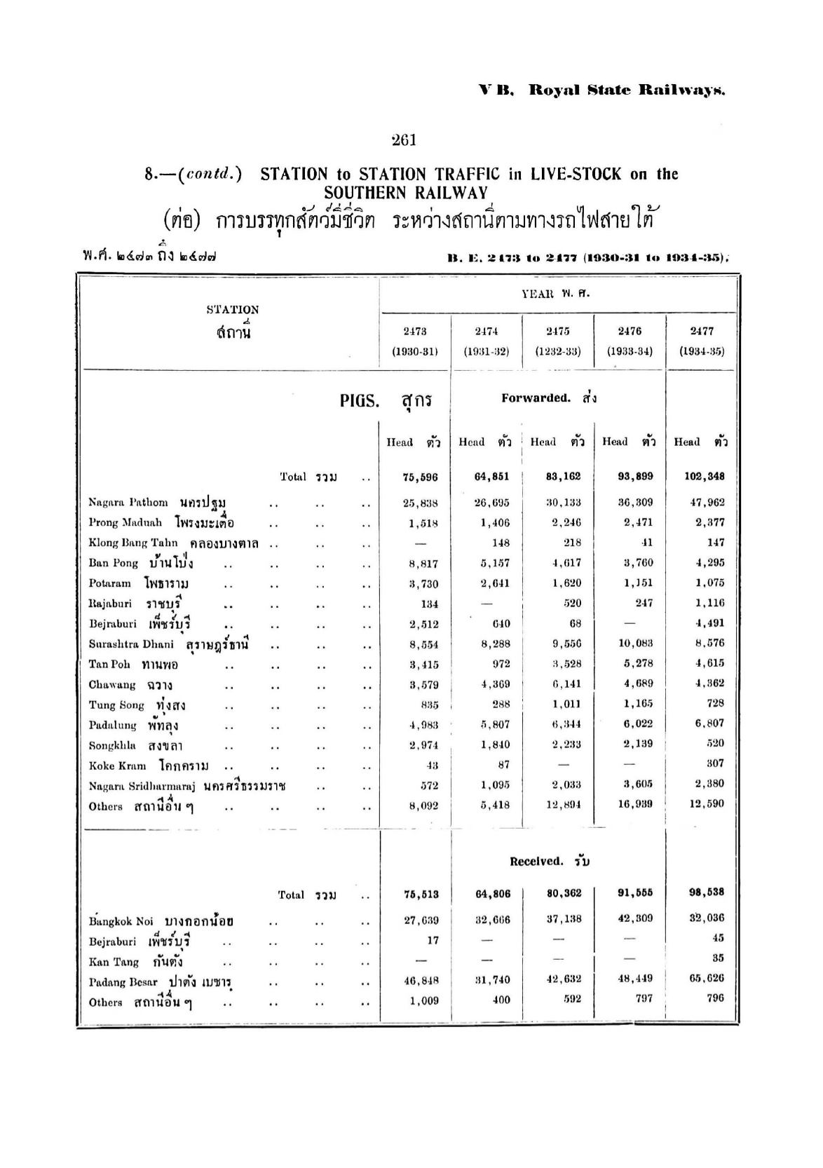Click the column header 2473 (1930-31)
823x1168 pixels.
pyautogui.click(x=415, y=341)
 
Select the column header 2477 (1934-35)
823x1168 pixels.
pyautogui.click(x=702, y=341)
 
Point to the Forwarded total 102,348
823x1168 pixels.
pyautogui.click(x=705, y=477)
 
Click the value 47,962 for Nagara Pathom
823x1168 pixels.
pyautogui.click(x=707, y=503)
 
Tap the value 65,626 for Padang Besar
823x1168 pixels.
pyautogui.click(x=707, y=979)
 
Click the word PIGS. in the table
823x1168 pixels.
pyautogui.click(x=360, y=401)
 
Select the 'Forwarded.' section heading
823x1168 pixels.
pyautogui.click(x=536, y=398)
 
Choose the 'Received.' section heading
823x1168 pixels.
pyautogui.click(x=536, y=862)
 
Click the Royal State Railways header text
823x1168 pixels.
pyautogui.click(x=626, y=90)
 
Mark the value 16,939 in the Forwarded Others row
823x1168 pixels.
pyautogui.click(x=635, y=804)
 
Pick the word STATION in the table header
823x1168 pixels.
pyautogui.click(x=232, y=309)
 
